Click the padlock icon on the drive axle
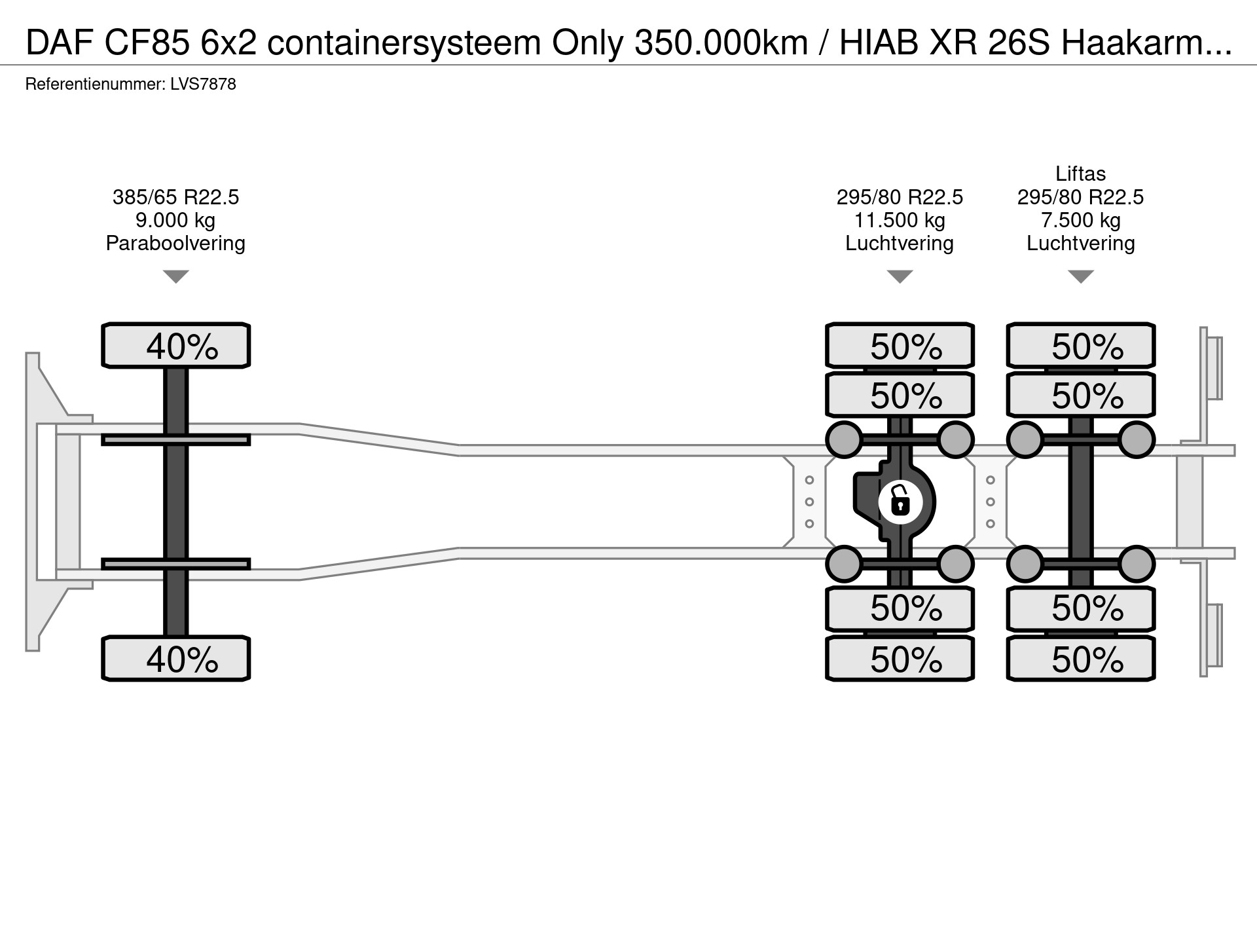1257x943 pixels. [x=900, y=502]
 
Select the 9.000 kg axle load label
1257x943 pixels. [x=175, y=220]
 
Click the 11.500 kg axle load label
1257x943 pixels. [x=900, y=220]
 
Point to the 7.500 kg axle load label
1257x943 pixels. [x=1080, y=220]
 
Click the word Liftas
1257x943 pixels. [x=1080, y=174]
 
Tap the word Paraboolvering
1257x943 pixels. [x=175, y=244]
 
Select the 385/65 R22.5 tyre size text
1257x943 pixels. [x=175, y=197]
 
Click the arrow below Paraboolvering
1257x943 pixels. [x=175, y=276]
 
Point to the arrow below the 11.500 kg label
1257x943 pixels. [x=900, y=276]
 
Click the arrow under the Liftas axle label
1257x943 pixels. [x=1080, y=276]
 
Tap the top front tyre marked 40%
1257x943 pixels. [x=175, y=345]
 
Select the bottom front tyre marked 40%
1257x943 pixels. [x=175, y=659]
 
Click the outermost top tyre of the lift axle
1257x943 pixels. [x=1080, y=345]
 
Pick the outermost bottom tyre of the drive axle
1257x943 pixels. [x=900, y=659]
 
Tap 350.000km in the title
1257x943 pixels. [x=721, y=45]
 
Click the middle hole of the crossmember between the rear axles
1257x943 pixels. [x=990, y=502]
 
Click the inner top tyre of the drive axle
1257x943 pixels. [x=900, y=395]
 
